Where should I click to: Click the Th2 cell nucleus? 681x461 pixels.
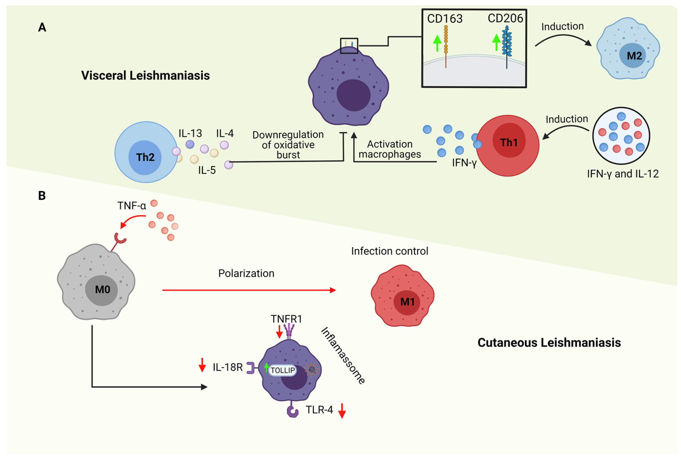coord(145,157)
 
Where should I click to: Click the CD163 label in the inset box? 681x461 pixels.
coord(445,19)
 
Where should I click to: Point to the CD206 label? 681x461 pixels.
coord(505,18)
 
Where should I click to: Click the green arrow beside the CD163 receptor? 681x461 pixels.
coord(437,43)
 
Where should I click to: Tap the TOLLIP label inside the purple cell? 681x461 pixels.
coord(282,370)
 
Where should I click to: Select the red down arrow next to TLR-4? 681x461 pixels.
coord(342,411)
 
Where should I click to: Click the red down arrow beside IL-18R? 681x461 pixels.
coord(202,365)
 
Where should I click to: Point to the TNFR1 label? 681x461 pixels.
coord(286,319)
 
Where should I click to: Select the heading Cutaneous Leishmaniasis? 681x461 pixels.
coord(549,342)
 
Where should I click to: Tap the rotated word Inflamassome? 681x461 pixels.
coord(343,355)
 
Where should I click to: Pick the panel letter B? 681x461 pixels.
coord(42,196)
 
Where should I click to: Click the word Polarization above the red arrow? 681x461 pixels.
coord(246,273)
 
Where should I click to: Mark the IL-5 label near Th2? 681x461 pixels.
coord(207,170)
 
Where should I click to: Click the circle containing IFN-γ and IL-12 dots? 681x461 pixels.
coord(621,136)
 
